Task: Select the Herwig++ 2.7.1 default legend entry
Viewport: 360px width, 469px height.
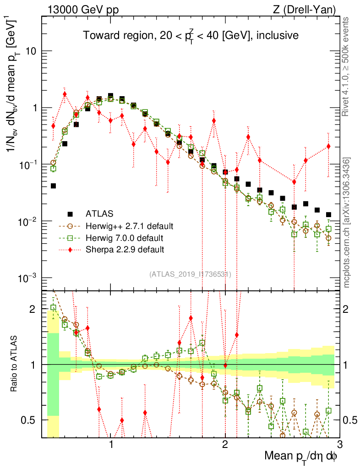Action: [129, 226]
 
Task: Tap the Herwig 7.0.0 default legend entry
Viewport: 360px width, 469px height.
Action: [125, 238]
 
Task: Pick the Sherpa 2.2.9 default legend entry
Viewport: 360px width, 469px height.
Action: [125, 250]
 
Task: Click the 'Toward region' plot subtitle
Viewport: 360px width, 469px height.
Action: [191, 36]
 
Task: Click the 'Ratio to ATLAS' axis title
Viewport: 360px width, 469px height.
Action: [15, 365]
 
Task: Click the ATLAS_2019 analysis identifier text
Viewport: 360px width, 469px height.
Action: [190, 274]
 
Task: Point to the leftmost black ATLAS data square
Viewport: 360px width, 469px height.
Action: [53, 186]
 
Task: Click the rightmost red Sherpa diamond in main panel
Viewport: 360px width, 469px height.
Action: [328, 147]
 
